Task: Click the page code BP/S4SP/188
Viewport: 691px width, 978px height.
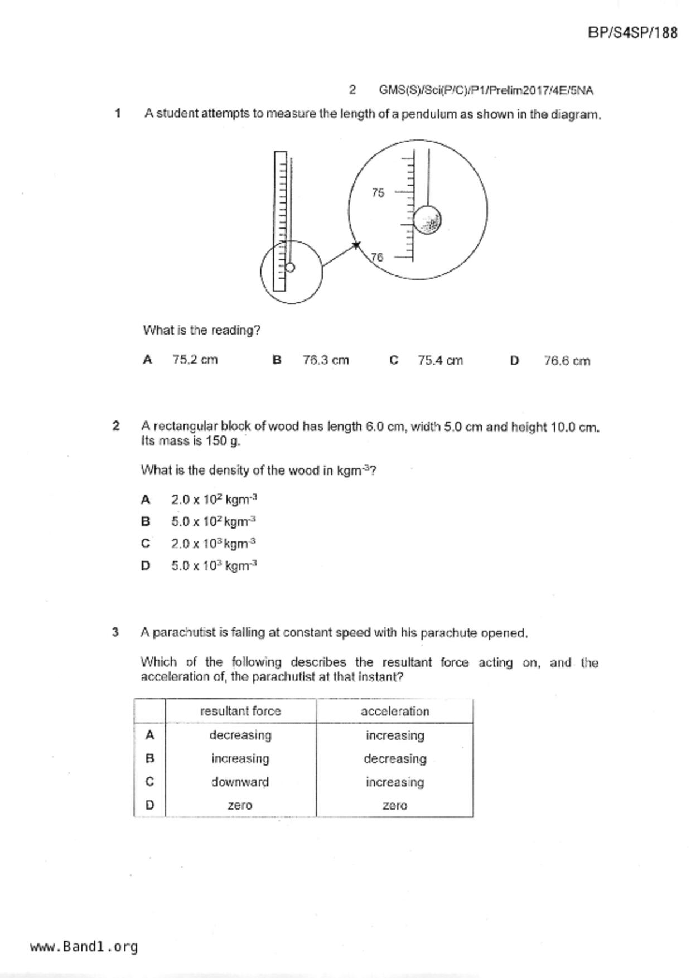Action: tap(632, 33)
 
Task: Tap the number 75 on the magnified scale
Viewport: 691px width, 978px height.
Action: tap(378, 193)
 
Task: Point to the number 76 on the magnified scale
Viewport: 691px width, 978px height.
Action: tap(378, 257)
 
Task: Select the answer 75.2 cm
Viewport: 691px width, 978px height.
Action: tap(195, 360)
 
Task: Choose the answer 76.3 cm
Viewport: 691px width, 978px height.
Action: tap(326, 360)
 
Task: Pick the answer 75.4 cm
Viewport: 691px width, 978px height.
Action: tap(440, 361)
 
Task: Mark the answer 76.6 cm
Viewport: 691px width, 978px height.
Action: tap(567, 361)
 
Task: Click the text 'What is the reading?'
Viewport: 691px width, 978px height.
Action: tap(201, 330)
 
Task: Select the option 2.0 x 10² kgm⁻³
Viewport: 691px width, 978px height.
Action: tap(214, 500)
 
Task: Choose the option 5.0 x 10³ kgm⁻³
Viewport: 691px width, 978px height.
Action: tap(214, 566)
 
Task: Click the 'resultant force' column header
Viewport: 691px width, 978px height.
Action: tap(240, 711)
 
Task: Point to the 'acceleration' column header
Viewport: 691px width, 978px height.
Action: tap(395, 711)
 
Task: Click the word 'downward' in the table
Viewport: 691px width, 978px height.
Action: tap(240, 782)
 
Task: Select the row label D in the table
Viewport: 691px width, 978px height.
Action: tap(149, 805)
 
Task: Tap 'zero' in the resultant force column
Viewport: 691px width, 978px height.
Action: tap(240, 805)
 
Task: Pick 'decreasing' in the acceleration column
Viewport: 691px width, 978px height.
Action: tap(395, 759)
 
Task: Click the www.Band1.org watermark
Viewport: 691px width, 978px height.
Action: tap(84, 946)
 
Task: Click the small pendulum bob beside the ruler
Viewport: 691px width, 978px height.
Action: tap(289, 268)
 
